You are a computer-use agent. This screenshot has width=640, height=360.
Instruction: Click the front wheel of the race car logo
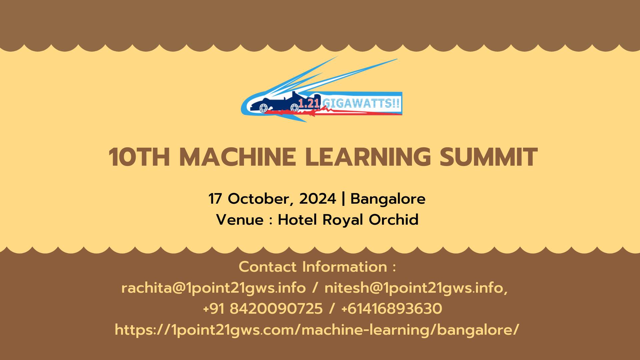pos(263,107)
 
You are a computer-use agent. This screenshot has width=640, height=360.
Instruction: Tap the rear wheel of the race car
pos(294,107)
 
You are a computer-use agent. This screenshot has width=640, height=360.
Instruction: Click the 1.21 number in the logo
pos(309,103)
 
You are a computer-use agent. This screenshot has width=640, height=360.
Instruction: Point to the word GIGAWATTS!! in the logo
pos(361,103)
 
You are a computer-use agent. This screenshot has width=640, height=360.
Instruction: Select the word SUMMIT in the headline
pos(488,157)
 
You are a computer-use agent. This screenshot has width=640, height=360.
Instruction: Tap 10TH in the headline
pos(139,157)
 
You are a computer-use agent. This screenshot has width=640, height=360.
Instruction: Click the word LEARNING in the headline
pos(368,157)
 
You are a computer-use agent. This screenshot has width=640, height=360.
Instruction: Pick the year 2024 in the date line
pos(317,199)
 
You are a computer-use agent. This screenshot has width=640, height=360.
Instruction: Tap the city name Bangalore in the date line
pos(388,199)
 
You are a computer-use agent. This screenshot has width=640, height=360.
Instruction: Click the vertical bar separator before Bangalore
pos(343,199)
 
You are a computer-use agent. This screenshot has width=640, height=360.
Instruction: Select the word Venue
pos(240,220)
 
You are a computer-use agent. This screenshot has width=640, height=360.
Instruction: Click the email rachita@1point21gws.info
pos(213,288)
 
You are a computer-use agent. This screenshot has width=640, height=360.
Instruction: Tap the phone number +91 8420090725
pos(263,309)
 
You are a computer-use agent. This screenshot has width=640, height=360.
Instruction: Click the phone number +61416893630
pos(392,309)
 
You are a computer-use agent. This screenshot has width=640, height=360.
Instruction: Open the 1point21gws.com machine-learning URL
pos(317,330)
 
